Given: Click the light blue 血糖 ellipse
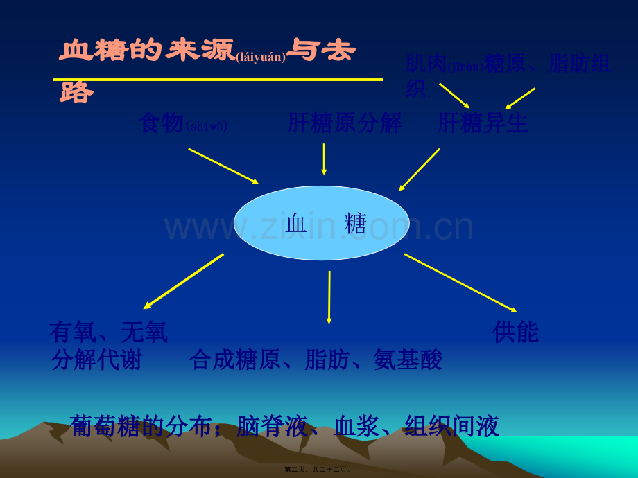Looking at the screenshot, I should click(321, 223).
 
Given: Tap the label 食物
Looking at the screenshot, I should click(161, 123).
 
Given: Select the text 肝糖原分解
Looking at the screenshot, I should click(345, 123).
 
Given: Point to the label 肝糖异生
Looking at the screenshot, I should click(483, 123).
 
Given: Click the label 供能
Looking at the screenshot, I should click(515, 333).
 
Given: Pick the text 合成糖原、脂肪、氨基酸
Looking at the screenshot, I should click(316, 360).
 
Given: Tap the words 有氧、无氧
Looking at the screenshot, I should click(109, 333).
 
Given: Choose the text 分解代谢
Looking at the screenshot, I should click(96, 360).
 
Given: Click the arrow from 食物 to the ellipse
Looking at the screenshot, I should click(223, 166).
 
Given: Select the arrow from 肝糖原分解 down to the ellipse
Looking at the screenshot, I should click(324, 159).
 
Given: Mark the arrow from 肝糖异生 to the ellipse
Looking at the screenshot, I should click(420, 169).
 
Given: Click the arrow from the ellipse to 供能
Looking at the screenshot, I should click(460, 283).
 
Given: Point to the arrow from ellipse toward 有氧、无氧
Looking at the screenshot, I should click(184, 281).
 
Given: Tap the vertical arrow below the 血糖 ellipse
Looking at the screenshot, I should click(329, 296).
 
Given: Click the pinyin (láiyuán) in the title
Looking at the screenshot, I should click(261, 57).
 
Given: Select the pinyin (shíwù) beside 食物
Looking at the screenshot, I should click(207, 127).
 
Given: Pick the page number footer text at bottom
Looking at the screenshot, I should click(318, 470).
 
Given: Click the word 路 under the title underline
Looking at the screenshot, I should click(76, 92).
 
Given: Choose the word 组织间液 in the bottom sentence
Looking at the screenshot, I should click(451, 426).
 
